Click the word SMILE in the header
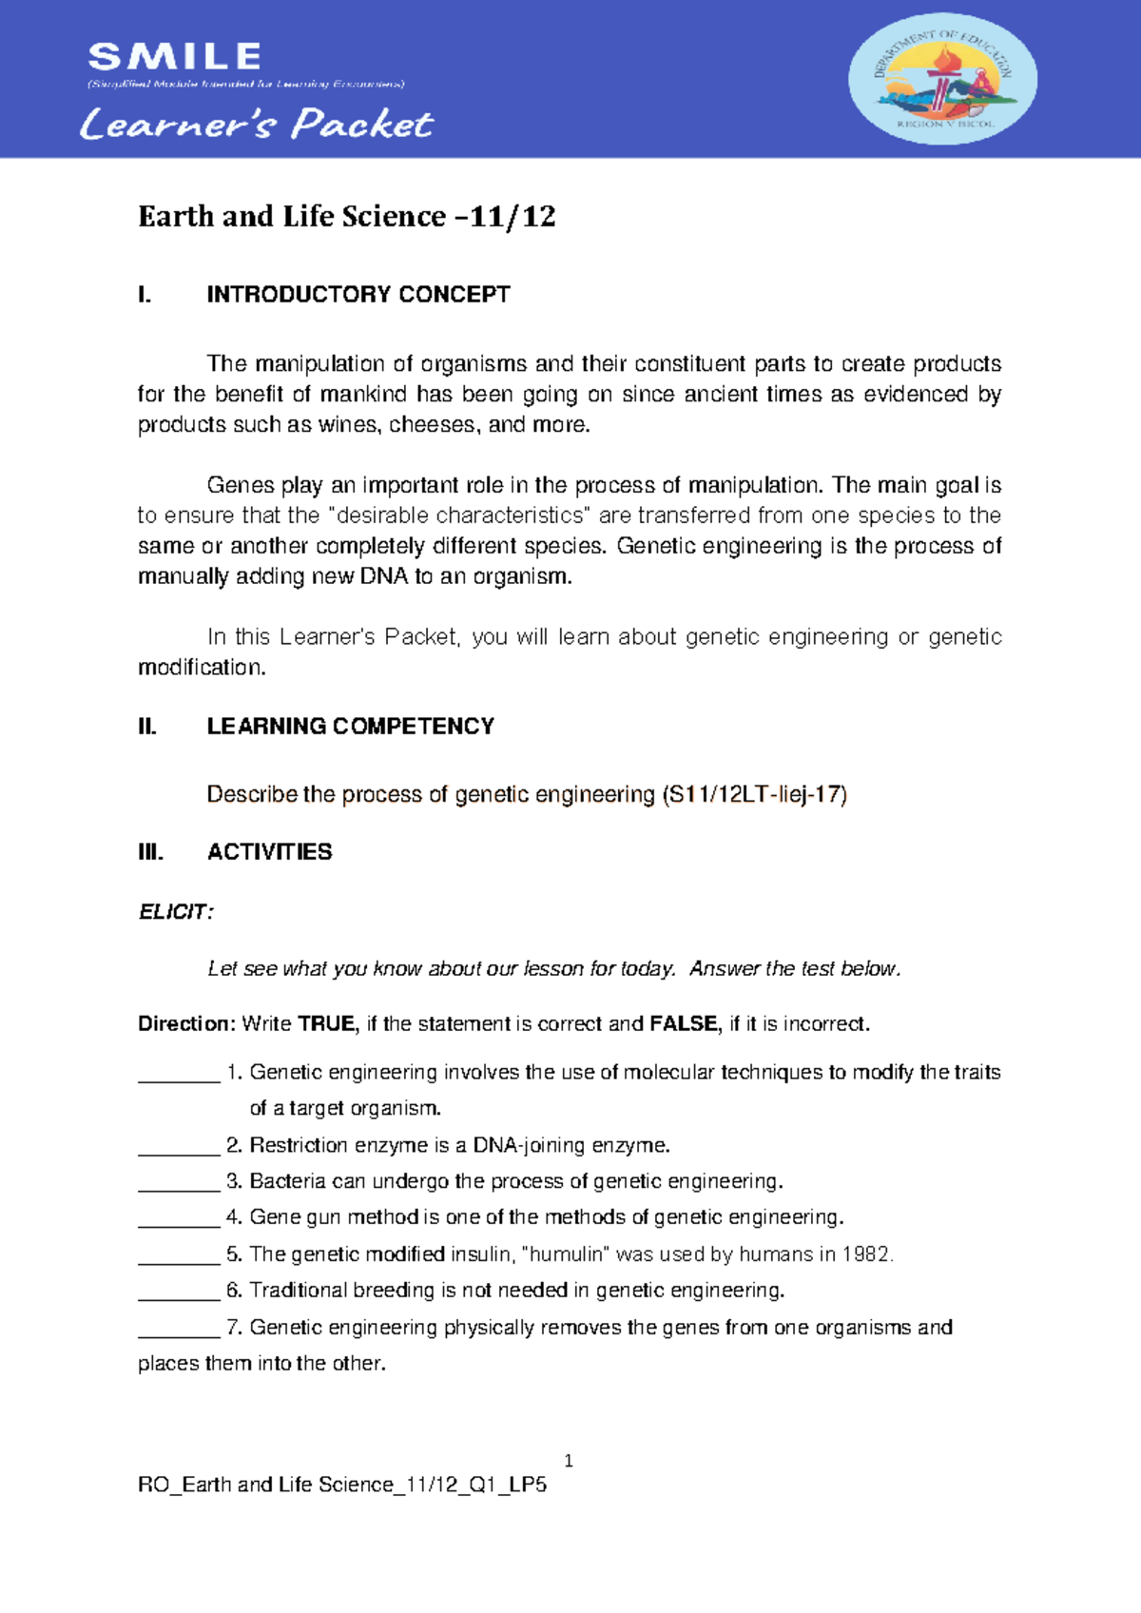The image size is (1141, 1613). click(x=174, y=57)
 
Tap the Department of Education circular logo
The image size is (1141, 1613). click(x=941, y=79)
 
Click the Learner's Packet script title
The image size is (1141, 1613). click(x=256, y=125)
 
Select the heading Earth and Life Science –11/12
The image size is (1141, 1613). click(x=346, y=217)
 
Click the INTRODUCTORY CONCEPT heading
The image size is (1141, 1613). click(x=358, y=295)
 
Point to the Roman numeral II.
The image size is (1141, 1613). click(x=146, y=727)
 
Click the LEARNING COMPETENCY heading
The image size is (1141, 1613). click(x=350, y=727)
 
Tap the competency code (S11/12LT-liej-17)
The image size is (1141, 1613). click(x=754, y=795)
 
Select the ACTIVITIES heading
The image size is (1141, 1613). click(x=269, y=852)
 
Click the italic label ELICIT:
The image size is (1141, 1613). click(x=176, y=912)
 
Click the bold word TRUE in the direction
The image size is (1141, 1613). click(x=326, y=1024)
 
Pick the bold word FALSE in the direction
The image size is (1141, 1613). click(x=684, y=1024)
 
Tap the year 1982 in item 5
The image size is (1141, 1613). click(x=866, y=1254)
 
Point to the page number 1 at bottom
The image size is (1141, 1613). click(x=569, y=1461)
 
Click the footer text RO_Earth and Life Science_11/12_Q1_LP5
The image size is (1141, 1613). click(x=342, y=1485)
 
